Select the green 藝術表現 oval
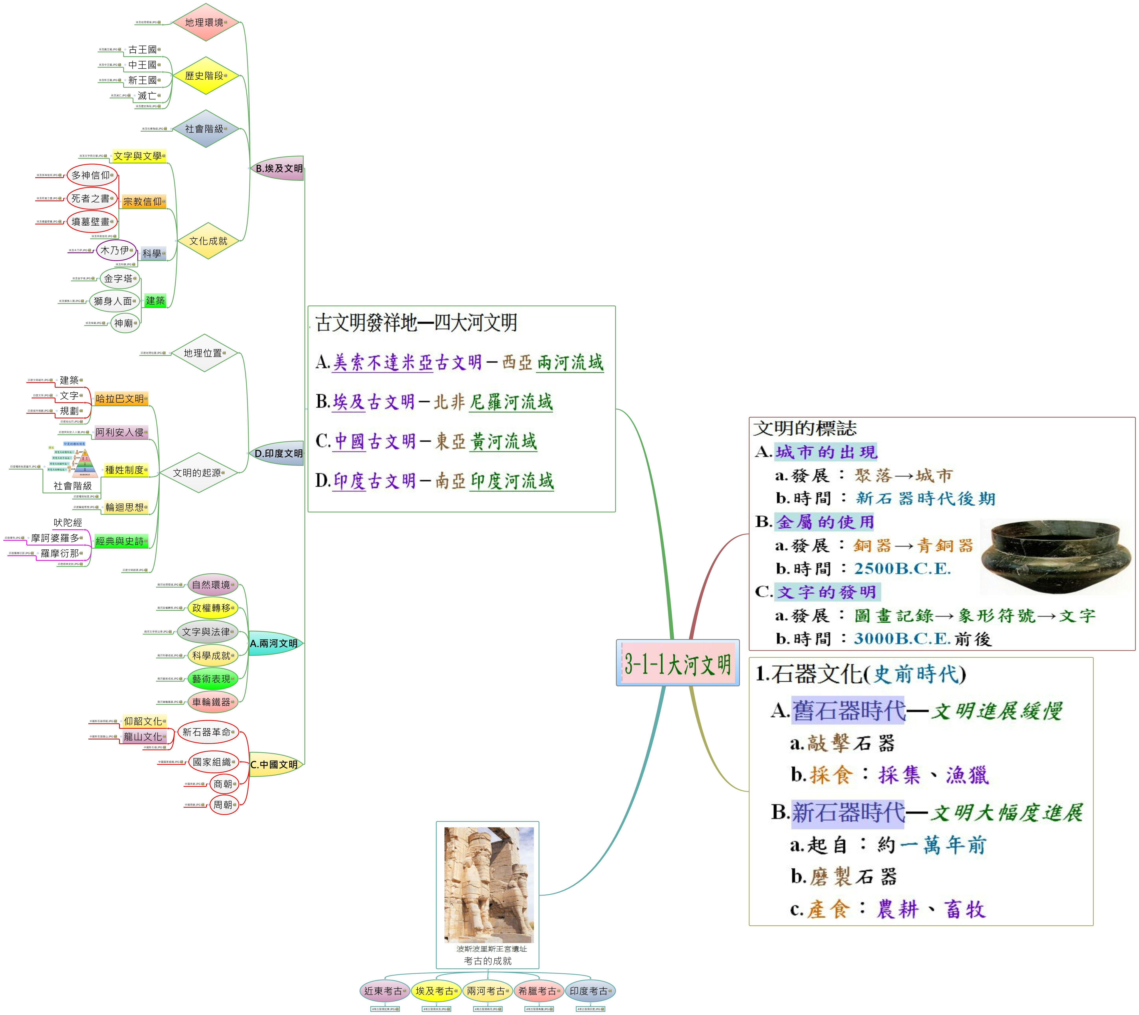212,679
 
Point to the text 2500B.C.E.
902,569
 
